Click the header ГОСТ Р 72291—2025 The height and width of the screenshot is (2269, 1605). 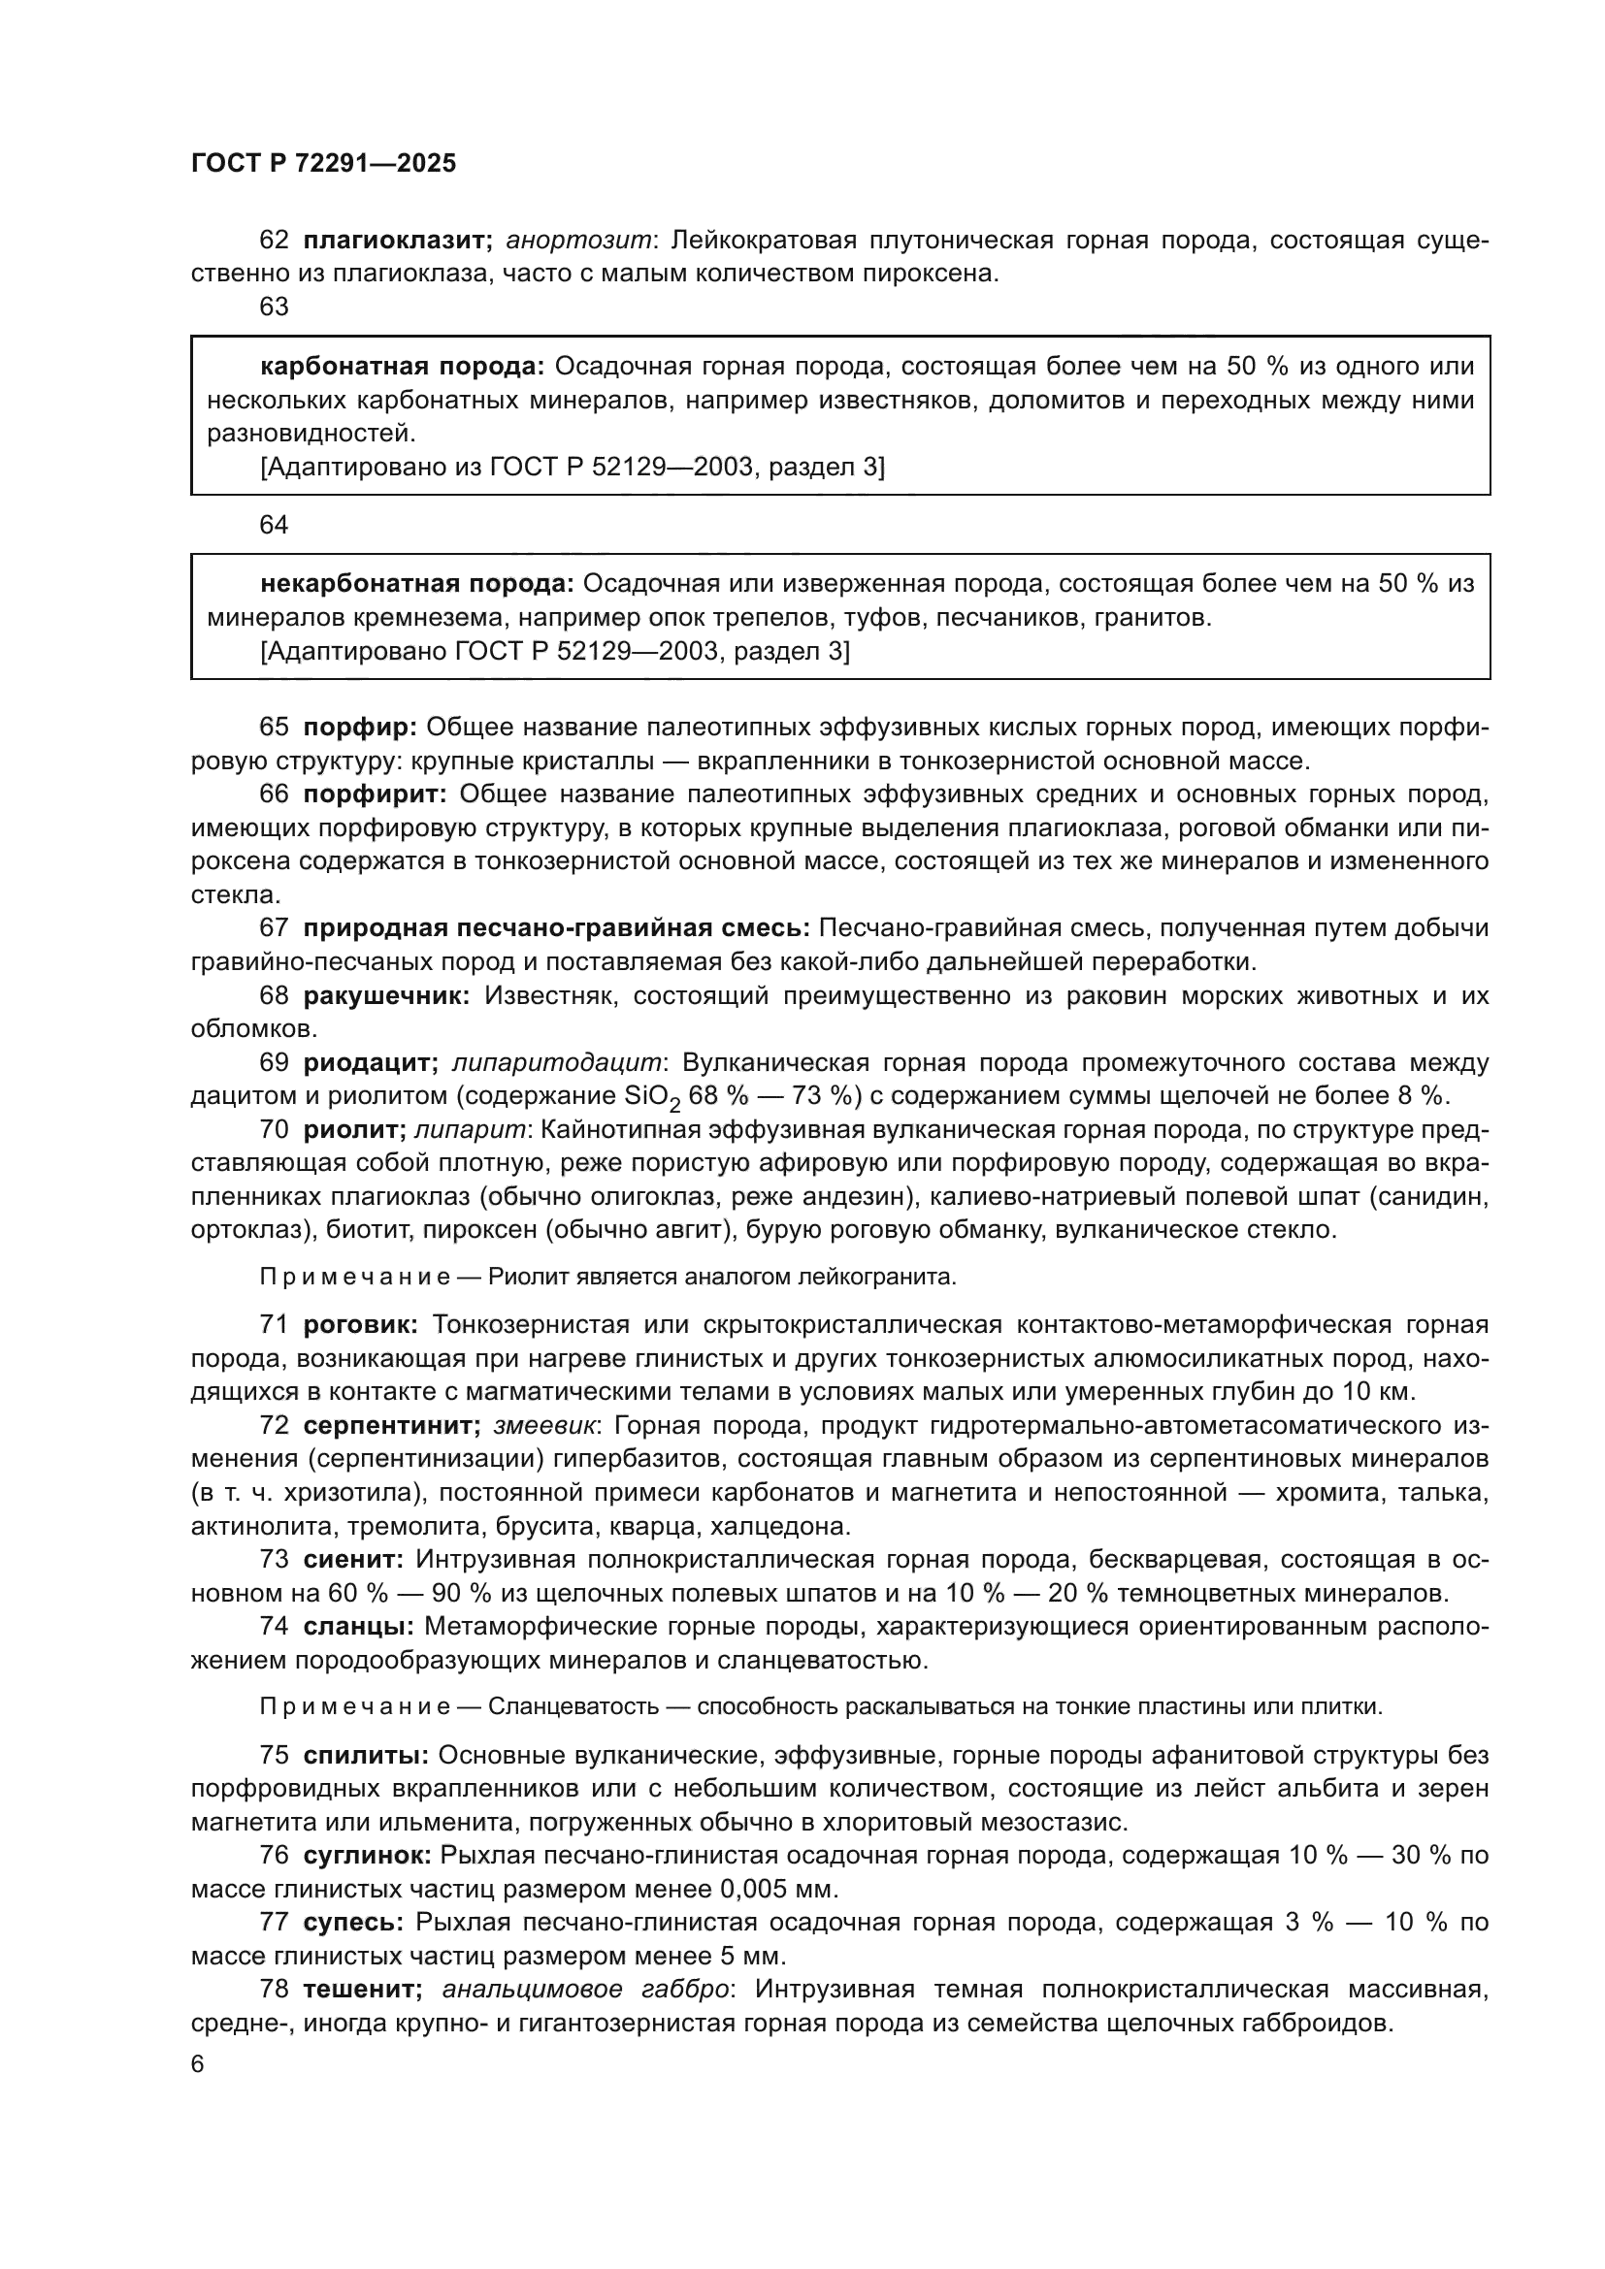pos(323,164)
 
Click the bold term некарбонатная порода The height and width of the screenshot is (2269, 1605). pos(417,583)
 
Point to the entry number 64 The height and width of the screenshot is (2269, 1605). pos(274,525)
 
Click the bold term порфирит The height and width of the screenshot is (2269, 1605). pos(376,794)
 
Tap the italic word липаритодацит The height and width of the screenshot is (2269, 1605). pos(556,1062)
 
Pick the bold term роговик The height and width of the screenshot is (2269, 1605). pos(362,1324)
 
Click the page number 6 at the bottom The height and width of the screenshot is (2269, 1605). pos(198,2065)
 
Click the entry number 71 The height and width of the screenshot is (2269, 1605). pos(274,1324)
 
